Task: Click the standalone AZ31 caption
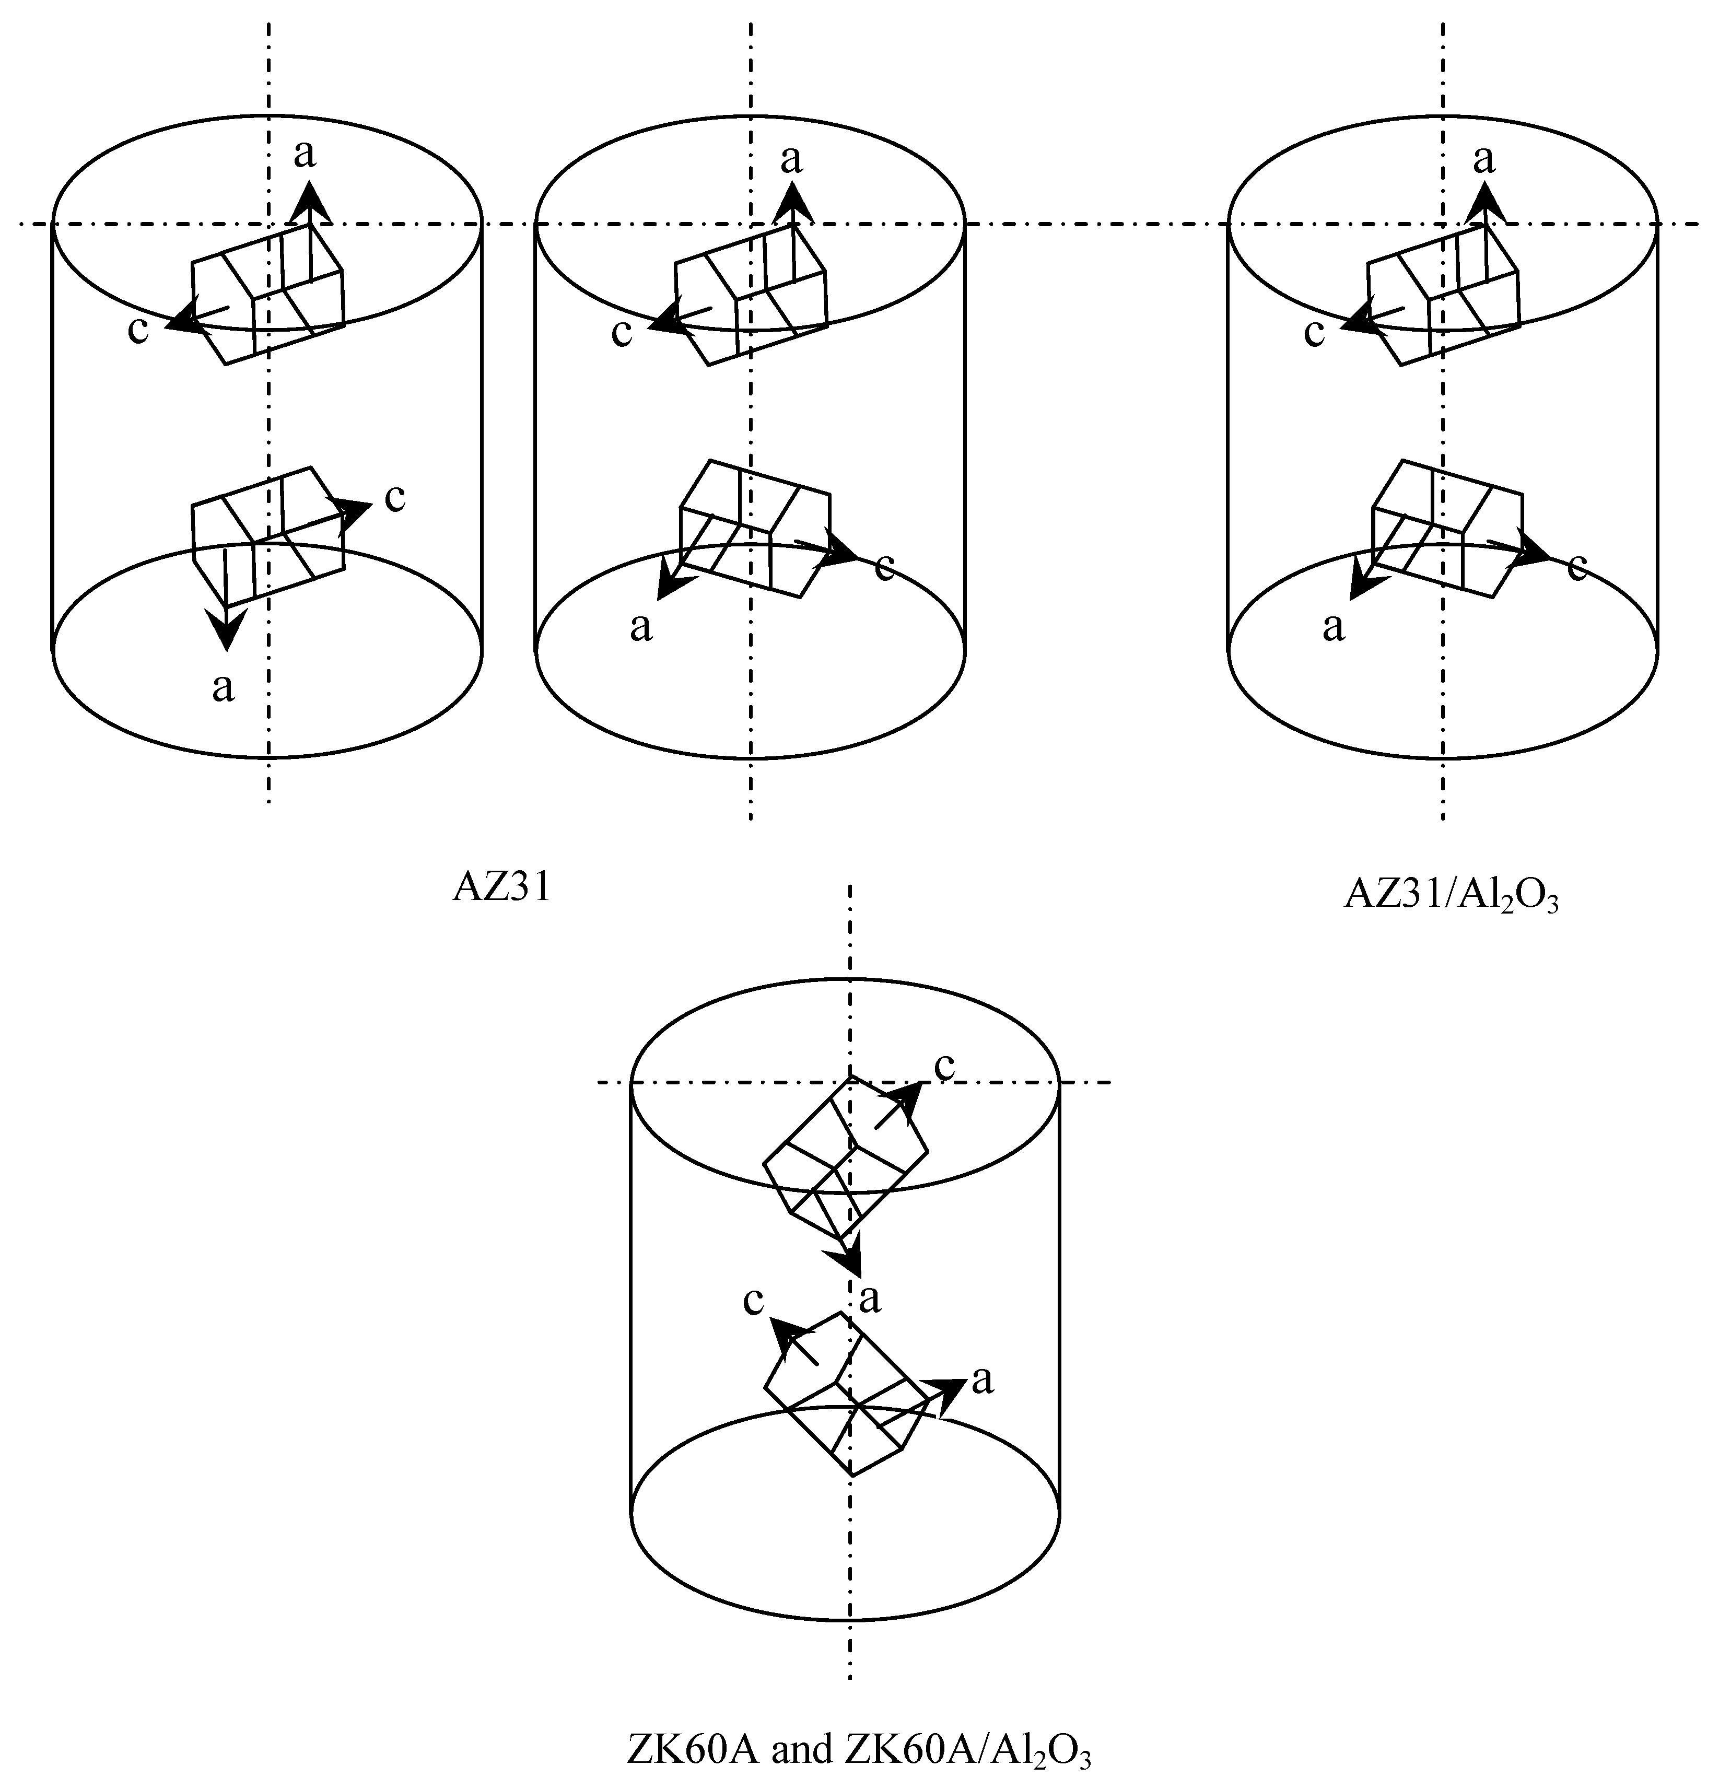click(x=501, y=888)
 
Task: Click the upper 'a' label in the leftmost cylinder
click(x=306, y=154)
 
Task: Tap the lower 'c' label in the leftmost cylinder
click(x=394, y=498)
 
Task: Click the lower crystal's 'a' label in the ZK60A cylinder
click(x=983, y=1380)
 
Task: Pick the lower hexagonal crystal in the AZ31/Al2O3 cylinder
click(x=1446, y=528)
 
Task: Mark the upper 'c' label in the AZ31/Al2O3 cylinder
click(x=1314, y=333)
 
